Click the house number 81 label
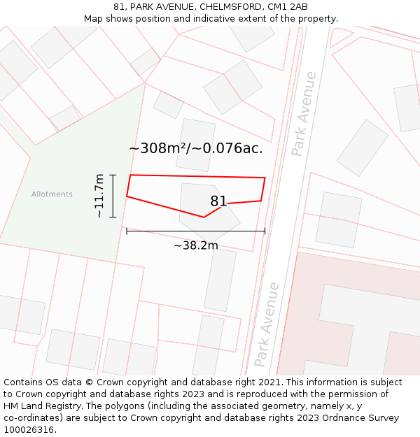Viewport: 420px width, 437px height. pos(218,201)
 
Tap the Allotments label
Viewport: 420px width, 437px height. pos(52,194)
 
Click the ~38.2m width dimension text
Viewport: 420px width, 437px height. pos(195,245)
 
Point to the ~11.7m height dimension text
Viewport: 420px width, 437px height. pos(99,196)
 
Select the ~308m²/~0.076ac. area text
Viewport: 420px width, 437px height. pos(196,148)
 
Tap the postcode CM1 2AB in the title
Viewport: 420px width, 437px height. pos(288,7)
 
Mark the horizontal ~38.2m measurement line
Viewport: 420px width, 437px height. pos(195,231)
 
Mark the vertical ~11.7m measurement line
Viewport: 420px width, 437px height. pos(113,196)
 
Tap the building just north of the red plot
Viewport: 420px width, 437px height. pos(195,145)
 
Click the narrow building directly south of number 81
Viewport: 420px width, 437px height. pos(220,280)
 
